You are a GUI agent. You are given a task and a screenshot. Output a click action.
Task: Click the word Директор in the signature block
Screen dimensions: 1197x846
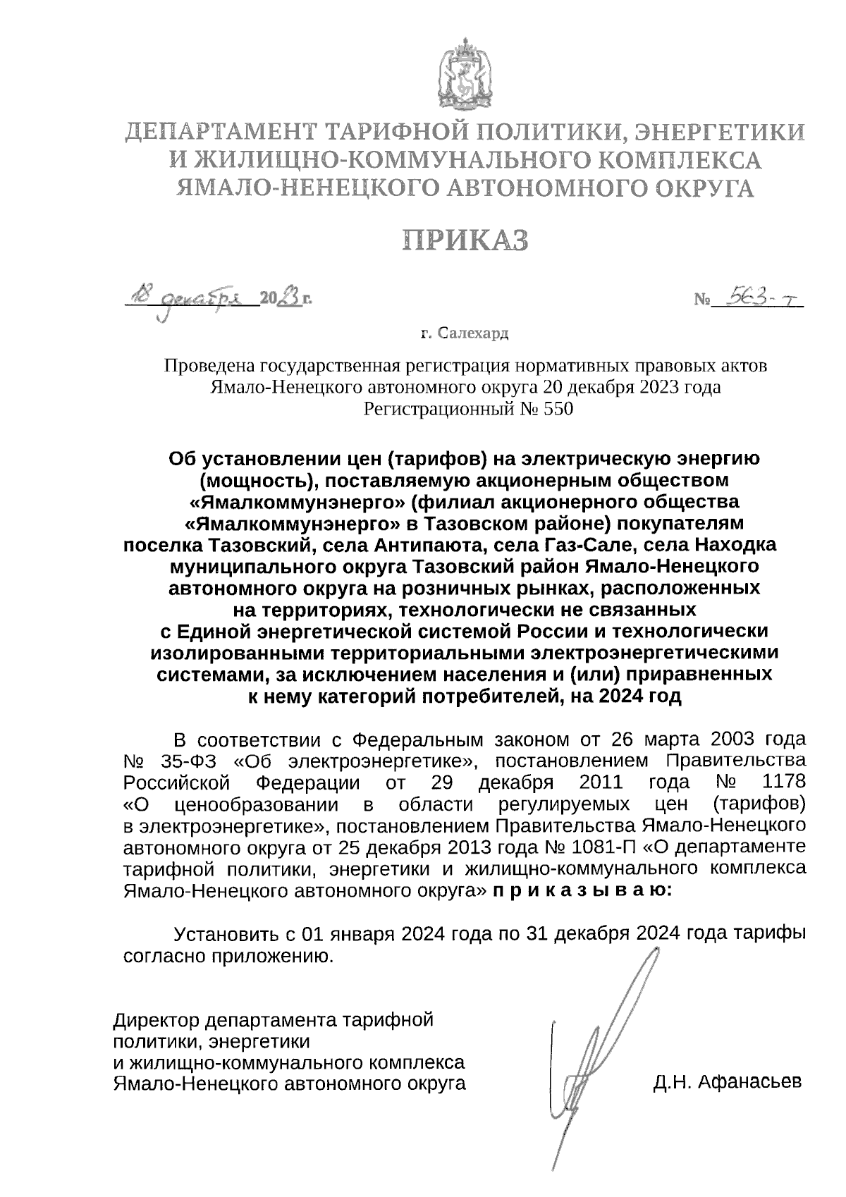point(156,1019)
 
